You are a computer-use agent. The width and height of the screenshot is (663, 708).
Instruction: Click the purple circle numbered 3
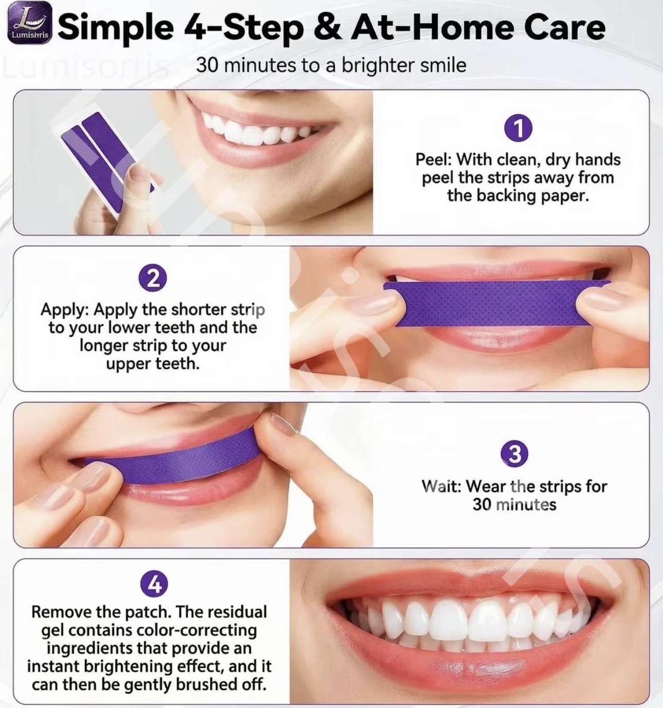(514, 455)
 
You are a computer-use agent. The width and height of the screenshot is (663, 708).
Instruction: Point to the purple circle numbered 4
(154, 584)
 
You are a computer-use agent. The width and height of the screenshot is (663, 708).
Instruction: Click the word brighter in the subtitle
(377, 65)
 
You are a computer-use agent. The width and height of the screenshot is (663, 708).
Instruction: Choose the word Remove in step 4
(61, 612)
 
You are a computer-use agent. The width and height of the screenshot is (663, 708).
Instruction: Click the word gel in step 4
(53, 631)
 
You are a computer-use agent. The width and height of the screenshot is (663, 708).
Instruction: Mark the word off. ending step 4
(252, 684)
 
